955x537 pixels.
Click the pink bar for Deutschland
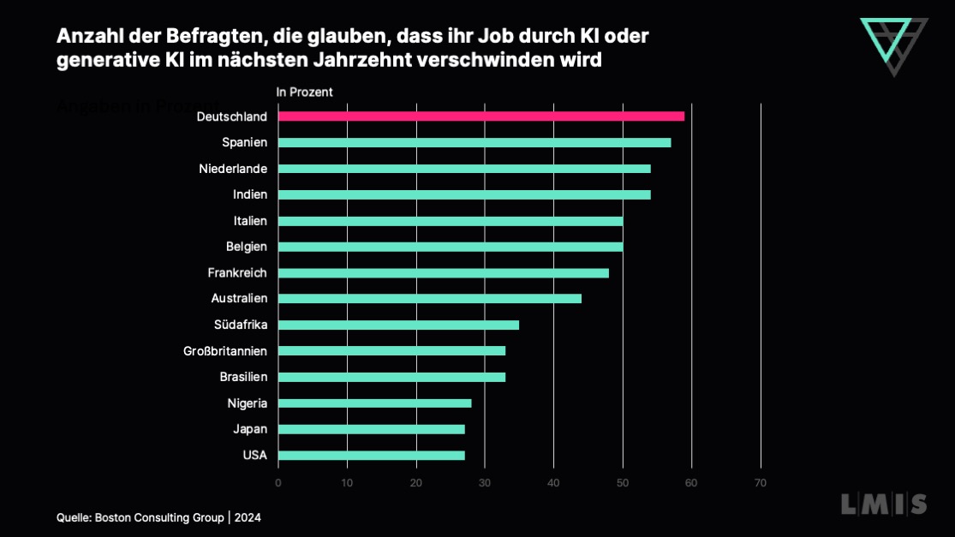coord(481,116)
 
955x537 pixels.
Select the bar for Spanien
coord(475,142)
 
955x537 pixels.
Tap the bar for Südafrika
coord(398,325)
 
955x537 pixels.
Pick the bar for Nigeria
coord(374,403)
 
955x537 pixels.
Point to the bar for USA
coord(371,455)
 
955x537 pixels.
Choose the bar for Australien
coord(429,298)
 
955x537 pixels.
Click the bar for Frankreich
coord(443,272)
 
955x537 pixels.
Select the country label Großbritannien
coord(225,351)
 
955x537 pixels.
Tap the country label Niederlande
coord(233,169)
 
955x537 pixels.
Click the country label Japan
coord(250,429)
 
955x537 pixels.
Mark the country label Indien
coord(250,194)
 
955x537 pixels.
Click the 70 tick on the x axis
coord(760,483)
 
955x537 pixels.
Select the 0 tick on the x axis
coord(278,483)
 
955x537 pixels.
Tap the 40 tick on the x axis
coord(553,483)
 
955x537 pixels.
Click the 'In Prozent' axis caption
coord(304,92)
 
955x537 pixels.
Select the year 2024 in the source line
coord(247,517)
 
